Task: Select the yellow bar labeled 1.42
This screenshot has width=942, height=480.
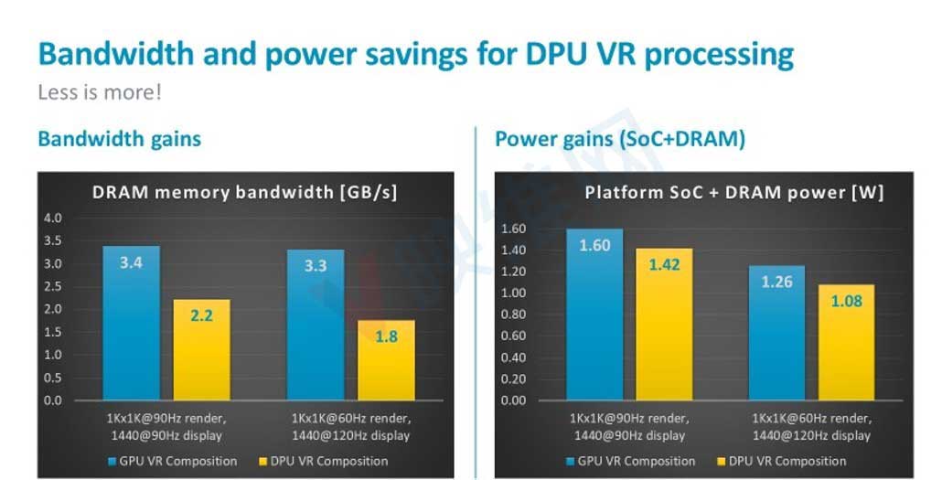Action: (x=665, y=324)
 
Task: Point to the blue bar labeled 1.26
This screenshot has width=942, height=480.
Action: (x=776, y=333)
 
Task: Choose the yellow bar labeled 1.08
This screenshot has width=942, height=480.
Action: (x=846, y=342)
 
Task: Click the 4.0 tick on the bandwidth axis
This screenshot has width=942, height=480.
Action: (x=53, y=219)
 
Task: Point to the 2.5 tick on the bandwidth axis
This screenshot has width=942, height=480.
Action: (x=53, y=286)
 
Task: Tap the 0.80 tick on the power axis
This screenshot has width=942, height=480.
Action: (x=514, y=315)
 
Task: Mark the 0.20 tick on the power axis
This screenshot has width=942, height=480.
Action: (x=514, y=379)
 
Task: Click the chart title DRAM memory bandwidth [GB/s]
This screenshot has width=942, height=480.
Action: (x=244, y=192)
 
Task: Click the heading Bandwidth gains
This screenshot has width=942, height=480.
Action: (x=119, y=139)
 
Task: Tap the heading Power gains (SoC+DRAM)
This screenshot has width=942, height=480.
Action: (x=619, y=139)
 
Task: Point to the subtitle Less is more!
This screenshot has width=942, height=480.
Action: (x=99, y=92)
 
